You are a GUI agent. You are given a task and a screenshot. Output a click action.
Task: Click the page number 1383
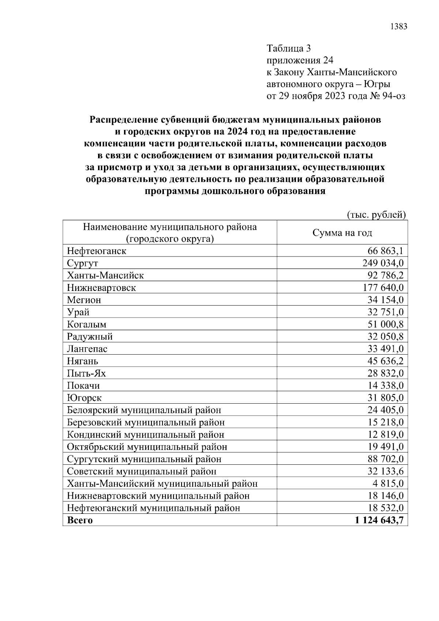[x=399, y=26]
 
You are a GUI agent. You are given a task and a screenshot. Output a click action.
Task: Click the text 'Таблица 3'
[x=289, y=48]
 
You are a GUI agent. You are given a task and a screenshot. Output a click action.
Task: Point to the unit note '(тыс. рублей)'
[x=376, y=215]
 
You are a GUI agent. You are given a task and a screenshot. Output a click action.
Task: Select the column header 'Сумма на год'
[x=342, y=233]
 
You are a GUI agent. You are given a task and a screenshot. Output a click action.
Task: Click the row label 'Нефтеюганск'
[x=97, y=251]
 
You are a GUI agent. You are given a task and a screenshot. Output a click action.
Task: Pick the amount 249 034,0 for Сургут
[x=383, y=263]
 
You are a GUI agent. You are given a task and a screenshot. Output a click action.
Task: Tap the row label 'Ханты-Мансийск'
[x=105, y=275]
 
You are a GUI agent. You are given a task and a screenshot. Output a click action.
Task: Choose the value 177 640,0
[x=383, y=288]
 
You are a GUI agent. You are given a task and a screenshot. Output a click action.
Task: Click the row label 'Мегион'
[x=84, y=300]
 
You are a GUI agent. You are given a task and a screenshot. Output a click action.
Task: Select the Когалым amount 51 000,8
[x=385, y=324]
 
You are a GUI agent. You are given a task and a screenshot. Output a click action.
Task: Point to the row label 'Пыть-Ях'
[x=86, y=373]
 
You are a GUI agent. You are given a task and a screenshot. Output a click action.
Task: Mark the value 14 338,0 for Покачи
[x=385, y=385]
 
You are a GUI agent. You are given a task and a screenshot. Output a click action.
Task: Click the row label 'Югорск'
[x=84, y=398]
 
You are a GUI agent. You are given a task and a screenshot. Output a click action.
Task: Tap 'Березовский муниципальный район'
[x=146, y=422]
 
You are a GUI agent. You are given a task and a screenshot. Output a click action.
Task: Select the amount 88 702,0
[x=385, y=459]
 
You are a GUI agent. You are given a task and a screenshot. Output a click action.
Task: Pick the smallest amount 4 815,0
[x=388, y=483]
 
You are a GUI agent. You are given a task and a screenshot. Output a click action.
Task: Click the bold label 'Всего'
[x=80, y=520]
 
